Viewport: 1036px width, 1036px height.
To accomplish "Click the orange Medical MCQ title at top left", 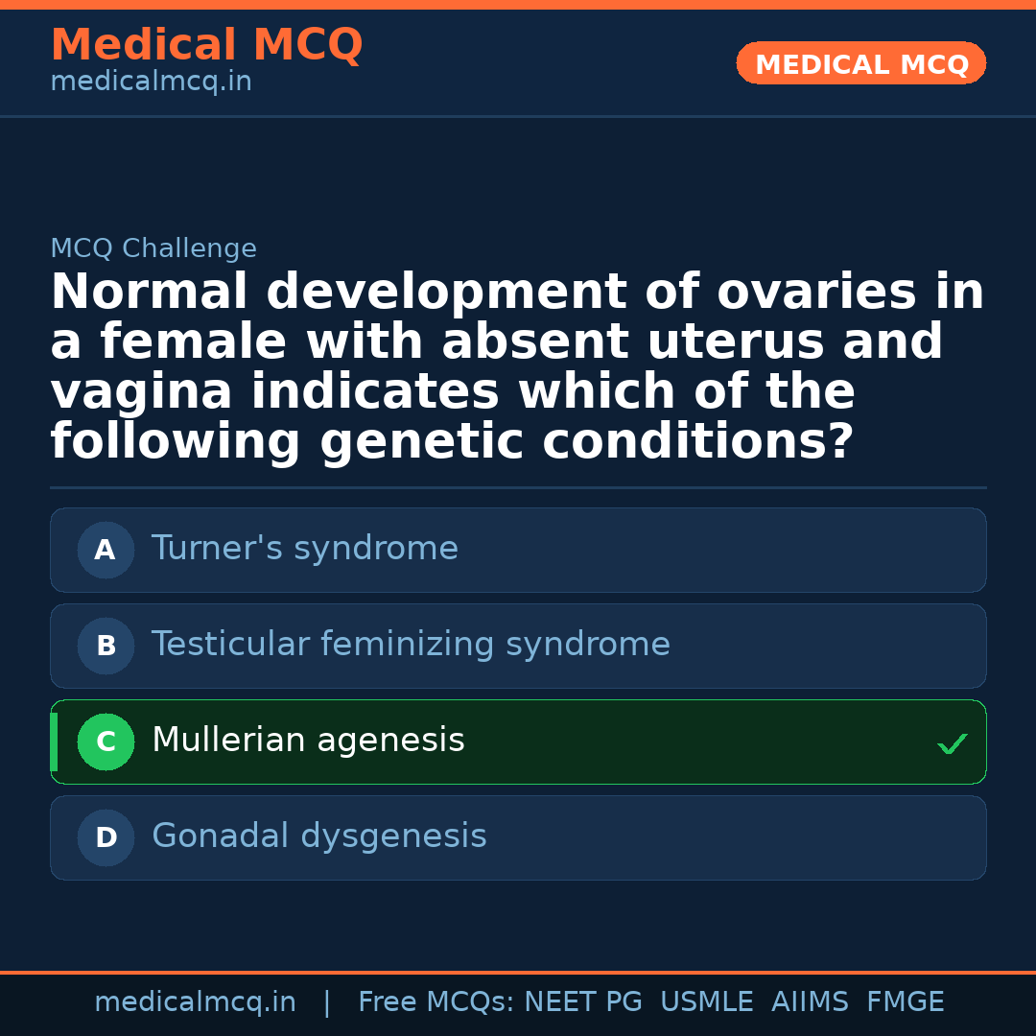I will [206, 45].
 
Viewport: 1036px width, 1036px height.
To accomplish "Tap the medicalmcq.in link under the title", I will [151, 82].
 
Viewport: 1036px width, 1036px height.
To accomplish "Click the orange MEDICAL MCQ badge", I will [861, 64].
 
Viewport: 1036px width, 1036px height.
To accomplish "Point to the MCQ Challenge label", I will [153, 249].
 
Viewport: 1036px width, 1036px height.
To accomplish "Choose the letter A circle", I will [106, 550].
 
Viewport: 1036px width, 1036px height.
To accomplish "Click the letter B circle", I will [106, 646].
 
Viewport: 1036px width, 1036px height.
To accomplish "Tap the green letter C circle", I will [106, 742].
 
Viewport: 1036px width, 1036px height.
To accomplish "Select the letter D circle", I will [106, 837].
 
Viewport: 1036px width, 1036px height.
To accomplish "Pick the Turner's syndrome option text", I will [305, 549].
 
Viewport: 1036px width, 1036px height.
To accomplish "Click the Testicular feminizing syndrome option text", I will [411, 645].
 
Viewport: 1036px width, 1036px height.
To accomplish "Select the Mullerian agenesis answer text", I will [308, 741].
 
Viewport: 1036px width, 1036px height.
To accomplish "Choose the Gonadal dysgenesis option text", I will [318, 836].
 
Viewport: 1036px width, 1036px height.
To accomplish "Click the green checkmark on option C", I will [952, 743].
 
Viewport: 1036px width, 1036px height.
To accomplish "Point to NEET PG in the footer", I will [583, 1002].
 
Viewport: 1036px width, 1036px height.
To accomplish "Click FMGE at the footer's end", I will [905, 1002].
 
